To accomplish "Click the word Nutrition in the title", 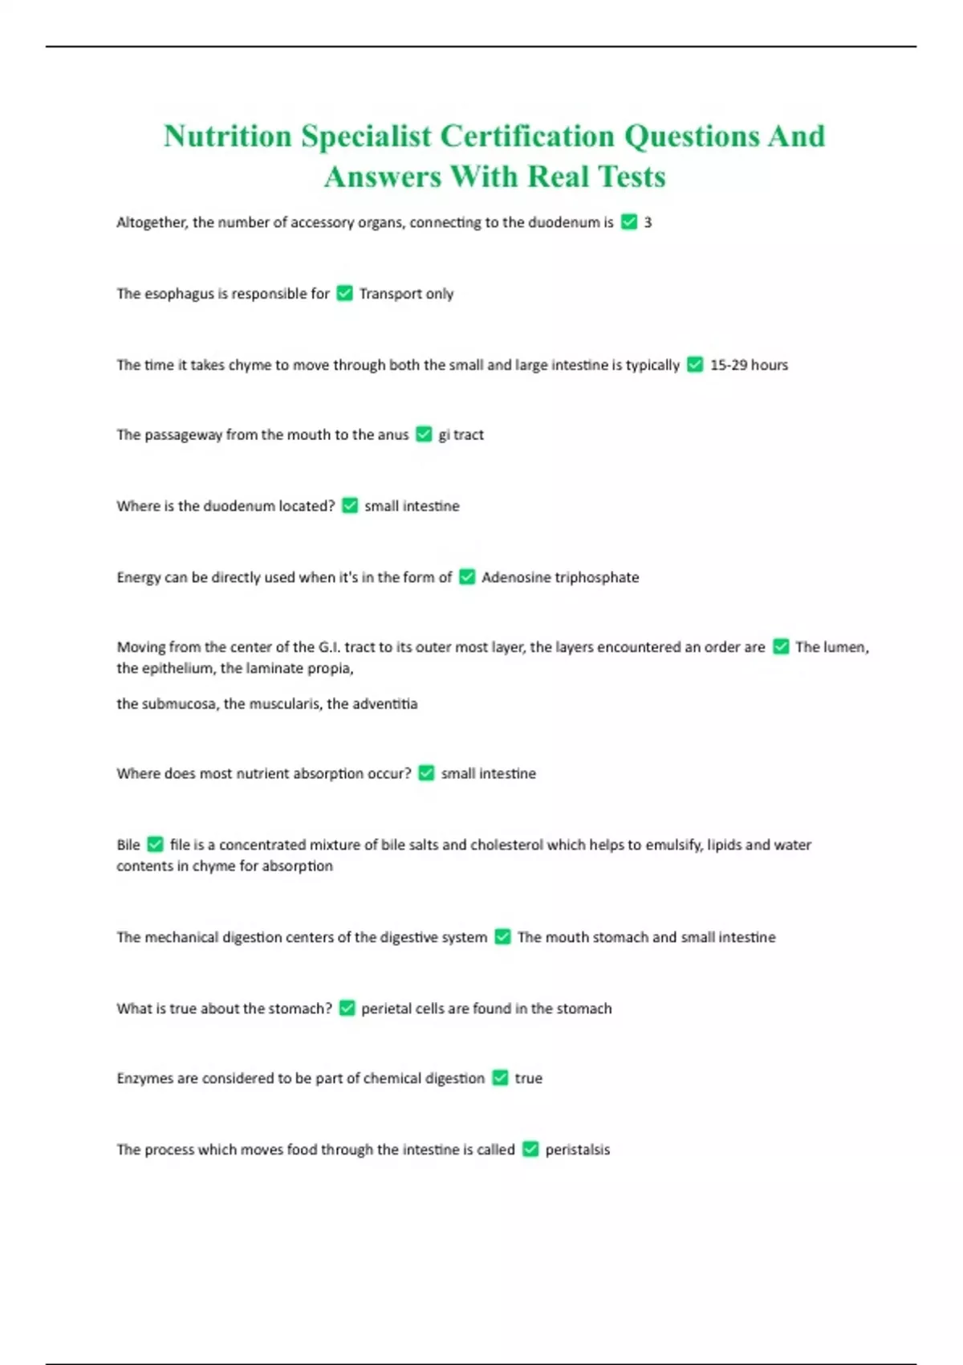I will [227, 136].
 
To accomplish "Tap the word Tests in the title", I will [632, 177].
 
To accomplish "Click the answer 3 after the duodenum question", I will [648, 222].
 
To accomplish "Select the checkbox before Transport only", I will [344, 294].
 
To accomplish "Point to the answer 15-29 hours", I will [749, 365].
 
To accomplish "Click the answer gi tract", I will [461, 435].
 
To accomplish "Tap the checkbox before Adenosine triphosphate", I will [467, 577].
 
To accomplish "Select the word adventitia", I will [384, 704].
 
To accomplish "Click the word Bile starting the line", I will [128, 845].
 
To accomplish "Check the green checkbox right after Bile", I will [156, 845].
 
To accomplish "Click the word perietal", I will [386, 1008].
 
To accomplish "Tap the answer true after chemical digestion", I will [528, 1078].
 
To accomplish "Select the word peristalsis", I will [577, 1150].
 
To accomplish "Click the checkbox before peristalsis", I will [530, 1150].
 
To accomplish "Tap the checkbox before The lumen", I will [781, 647].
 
